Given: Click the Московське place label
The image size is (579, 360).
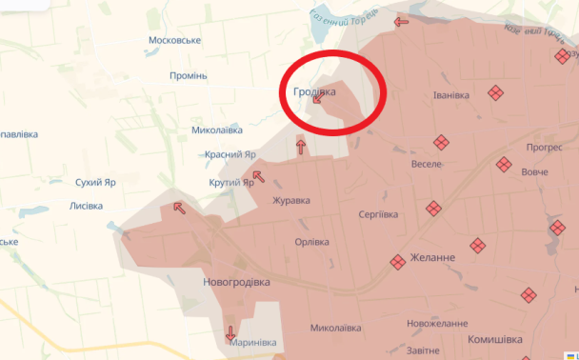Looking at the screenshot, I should (174, 40).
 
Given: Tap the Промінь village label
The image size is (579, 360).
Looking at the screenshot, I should (188, 75).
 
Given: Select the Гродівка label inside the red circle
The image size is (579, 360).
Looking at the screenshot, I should (314, 91).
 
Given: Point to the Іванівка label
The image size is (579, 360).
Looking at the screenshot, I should (451, 94).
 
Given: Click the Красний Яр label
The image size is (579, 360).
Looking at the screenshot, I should (230, 153).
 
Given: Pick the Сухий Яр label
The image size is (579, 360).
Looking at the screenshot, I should (95, 181).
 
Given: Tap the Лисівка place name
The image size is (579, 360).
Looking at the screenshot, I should (93, 206).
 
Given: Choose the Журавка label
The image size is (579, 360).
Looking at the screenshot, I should (291, 200).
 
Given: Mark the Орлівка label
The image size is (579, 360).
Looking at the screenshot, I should (312, 241).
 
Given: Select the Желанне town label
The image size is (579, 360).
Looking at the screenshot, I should (432, 257).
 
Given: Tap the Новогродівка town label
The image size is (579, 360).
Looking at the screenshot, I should (236, 283).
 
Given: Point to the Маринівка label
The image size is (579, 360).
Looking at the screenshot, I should (251, 342).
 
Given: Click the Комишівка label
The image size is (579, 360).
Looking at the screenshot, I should (495, 339).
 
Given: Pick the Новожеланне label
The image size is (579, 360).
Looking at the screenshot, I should (438, 324).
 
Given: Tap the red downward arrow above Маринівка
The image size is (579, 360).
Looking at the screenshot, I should (230, 334).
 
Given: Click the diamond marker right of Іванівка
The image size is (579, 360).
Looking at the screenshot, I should (495, 92).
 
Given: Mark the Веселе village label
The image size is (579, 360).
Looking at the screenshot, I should (426, 164).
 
